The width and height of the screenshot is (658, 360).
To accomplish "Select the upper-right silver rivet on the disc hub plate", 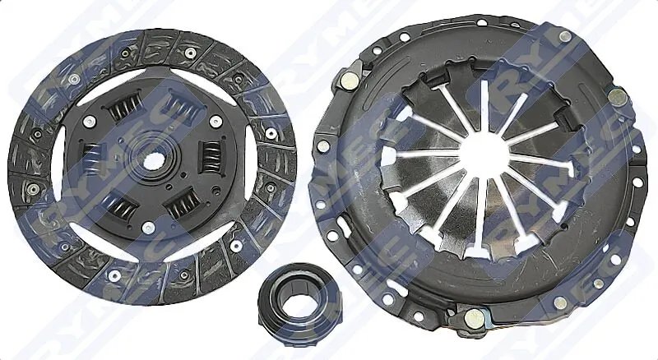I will pos(215,121).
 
